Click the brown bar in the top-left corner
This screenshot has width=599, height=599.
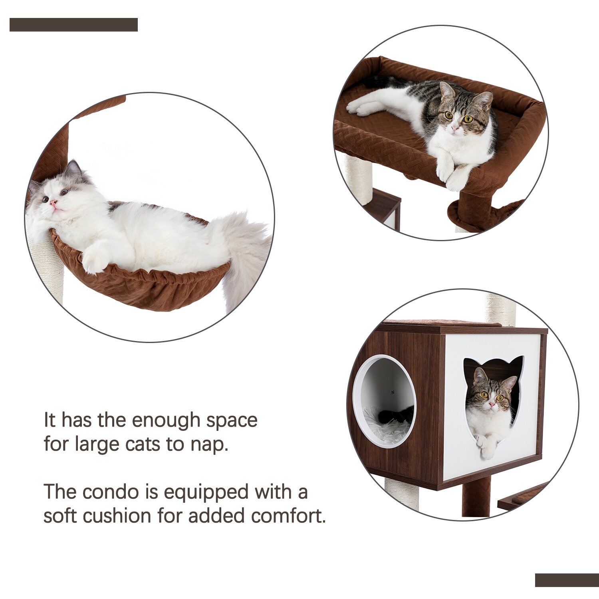coord(73,25)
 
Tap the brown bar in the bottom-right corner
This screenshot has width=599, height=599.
coord(567,580)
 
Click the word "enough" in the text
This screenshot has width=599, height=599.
coord(166,420)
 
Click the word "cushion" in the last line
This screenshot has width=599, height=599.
coord(118,516)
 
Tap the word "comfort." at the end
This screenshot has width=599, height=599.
coord(288,516)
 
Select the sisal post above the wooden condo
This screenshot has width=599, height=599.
coord(500,309)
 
